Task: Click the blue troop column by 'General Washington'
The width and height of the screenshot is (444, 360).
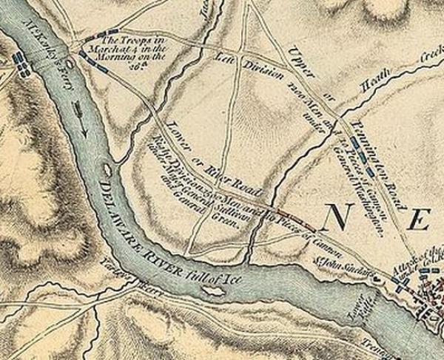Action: (x=362, y=156)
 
